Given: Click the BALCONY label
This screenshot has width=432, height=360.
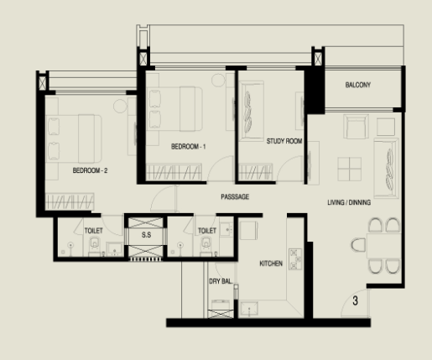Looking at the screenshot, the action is click(358, 85).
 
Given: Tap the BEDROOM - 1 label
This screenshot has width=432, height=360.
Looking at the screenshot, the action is click(189, 147).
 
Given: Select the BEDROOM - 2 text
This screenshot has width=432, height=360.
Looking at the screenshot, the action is click(90, 170).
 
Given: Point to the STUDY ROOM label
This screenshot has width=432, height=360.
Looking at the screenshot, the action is click(284, 141).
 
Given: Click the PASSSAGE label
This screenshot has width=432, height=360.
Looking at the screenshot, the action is click(235, 197).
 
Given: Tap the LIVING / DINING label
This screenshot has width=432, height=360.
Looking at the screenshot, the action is click(349, 202).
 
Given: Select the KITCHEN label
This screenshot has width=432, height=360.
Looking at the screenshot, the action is click(271, 263).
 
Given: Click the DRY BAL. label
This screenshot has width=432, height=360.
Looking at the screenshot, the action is click(221, 281).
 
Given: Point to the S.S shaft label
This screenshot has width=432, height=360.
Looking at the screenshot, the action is click(146, 235).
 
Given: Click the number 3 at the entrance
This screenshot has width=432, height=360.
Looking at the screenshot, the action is click(355, 301).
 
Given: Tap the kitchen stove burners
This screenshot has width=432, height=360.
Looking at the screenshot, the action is click(295, 259).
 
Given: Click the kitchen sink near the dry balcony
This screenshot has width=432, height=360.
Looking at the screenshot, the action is click(249, 309).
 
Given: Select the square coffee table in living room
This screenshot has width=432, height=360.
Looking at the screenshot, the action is click(350, 170).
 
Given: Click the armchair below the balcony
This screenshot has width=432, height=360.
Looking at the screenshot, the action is click(356, 127).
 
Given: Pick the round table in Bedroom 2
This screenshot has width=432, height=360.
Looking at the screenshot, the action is click(120, 106).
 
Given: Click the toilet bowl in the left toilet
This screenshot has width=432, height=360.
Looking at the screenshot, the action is click(95, 244).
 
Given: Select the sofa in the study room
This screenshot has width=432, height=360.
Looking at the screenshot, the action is click(252, 112).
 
